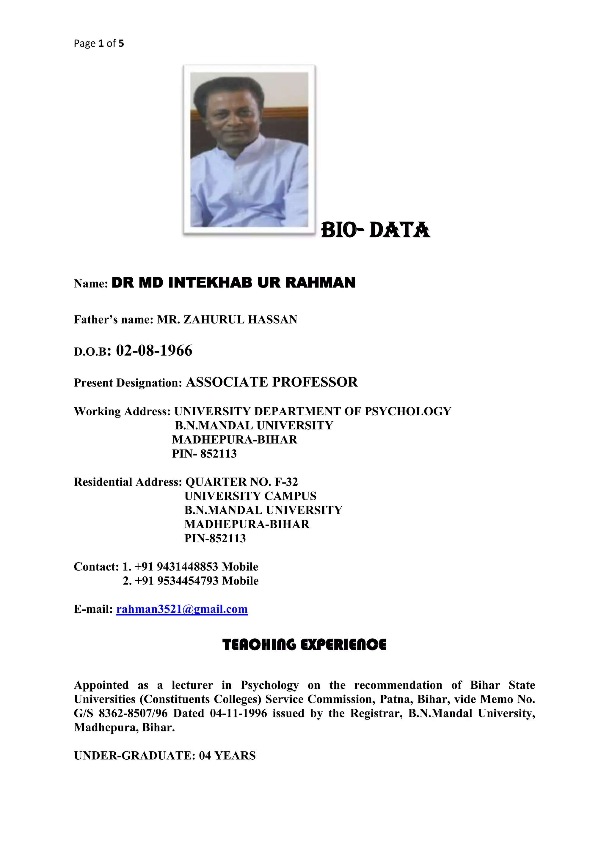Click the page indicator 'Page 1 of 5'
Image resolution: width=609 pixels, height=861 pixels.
pos(99,43)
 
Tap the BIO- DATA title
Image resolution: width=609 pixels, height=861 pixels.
pos(376,230)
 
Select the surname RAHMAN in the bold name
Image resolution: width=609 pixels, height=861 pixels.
pos(320,283)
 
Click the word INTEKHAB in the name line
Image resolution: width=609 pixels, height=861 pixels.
pos(210,283)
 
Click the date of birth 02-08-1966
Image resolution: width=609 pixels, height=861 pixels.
pos(154,351)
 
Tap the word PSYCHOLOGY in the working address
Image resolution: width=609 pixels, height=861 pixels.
pos(408,411)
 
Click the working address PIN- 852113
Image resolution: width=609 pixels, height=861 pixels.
pos(204,454)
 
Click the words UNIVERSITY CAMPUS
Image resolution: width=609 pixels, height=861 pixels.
pos(250,496)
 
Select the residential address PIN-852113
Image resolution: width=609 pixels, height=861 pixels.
pos(215,538)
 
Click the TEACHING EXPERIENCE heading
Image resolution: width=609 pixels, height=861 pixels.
pos(304,645)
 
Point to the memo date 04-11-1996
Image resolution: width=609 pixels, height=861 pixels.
pos(238,713)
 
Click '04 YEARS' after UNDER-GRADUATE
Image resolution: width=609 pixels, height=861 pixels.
pos(227,756)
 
